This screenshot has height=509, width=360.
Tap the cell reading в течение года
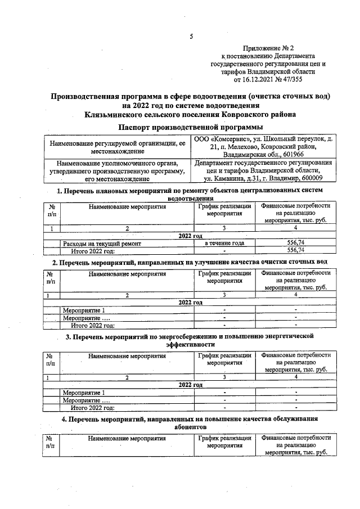pos(224,243)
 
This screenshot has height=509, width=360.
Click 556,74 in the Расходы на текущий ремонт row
pos(295,243)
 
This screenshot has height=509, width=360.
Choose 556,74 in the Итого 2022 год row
pos(295,250)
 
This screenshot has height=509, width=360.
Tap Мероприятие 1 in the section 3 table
pos(84,393)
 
